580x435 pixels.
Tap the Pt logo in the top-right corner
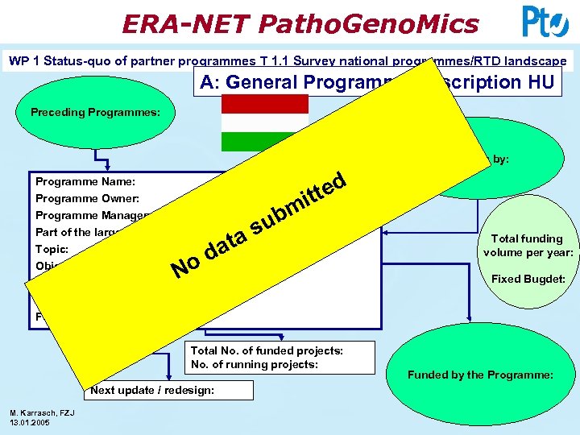(x=545, y=22)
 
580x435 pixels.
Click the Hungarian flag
(x=264, y=122)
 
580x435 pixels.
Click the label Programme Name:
(x=85, y=182)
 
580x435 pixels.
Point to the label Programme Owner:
(x=87, y=198)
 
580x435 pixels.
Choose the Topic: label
(x=52, y=249)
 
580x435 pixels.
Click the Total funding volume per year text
(x=528, y=245)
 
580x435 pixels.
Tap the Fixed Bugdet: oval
(x=528, y=280)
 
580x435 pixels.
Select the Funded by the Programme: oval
(x=480, y=375)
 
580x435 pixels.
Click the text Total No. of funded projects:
(x=267, y=350)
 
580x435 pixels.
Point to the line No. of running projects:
(x=255, y=364)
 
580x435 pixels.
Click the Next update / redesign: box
(x=168, y=390)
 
